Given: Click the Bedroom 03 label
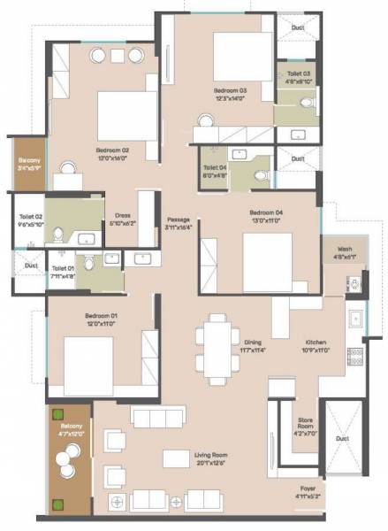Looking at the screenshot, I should [x=229, y=90].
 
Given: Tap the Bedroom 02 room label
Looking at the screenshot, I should [x=113, y=150].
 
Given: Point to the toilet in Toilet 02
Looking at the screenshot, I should [x=57, y=234].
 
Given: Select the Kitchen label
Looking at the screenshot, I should [x=316, y=342].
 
